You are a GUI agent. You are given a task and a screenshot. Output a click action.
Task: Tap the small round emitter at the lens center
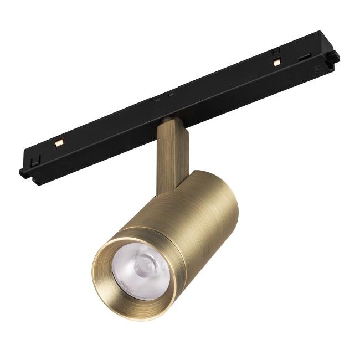(145, 264)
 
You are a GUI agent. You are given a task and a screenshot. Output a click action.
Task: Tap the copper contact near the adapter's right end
(276, 62)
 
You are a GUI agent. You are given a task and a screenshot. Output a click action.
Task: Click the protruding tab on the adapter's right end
(333, 56)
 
